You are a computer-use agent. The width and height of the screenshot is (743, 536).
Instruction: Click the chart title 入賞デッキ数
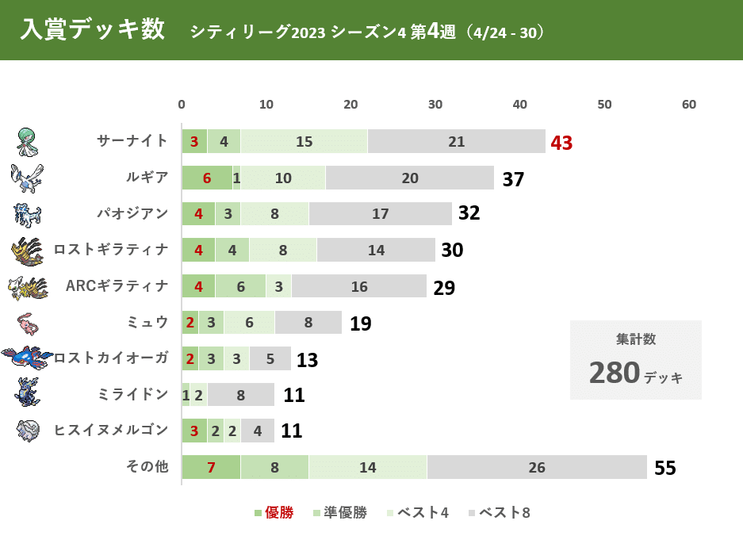click(93, 30)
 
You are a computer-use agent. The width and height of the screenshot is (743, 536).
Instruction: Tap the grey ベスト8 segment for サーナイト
click(456, 141)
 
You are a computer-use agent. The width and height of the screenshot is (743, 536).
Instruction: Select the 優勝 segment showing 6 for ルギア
click(206, 178)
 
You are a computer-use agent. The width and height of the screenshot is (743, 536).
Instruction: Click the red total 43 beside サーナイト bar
click(561, 143)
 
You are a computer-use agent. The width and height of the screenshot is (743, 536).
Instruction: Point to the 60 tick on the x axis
click(689, 105)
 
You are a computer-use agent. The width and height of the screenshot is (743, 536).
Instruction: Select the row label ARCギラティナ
click(117, 286)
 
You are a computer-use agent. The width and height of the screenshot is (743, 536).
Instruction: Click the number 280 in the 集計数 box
click(615, 373)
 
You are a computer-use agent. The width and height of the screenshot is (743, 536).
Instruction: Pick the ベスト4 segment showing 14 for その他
click(367, 467)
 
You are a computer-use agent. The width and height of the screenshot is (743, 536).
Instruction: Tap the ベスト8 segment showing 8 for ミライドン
click(240, 394)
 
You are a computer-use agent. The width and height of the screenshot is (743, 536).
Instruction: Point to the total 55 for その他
click(665, 469)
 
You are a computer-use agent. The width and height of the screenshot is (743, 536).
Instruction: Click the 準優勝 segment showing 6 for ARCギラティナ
click(240, 286)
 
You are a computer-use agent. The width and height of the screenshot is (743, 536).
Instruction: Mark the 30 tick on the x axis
click(435, 105)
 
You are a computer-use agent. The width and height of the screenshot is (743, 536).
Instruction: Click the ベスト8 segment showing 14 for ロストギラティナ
click(376, 250)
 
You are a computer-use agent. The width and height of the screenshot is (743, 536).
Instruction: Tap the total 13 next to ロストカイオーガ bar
click(307, 360)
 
